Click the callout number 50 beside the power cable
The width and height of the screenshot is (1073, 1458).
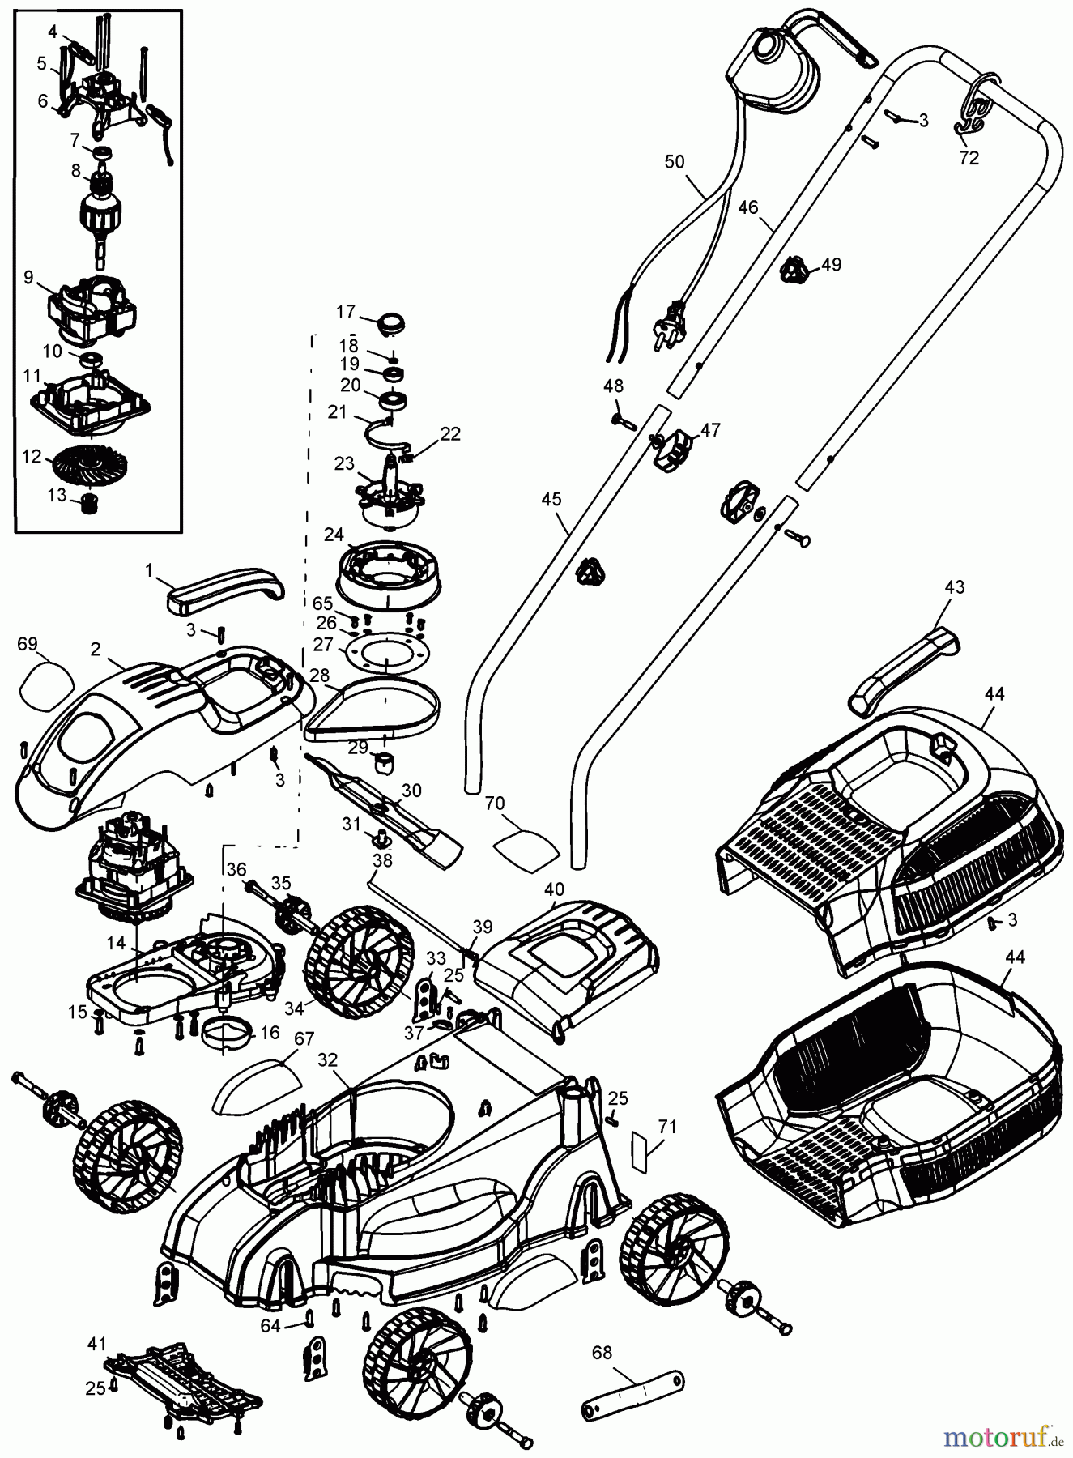click(674, 161)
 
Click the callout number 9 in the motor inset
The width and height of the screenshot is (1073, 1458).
click(28, 277)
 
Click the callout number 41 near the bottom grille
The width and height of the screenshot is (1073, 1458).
click(97, 1344)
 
